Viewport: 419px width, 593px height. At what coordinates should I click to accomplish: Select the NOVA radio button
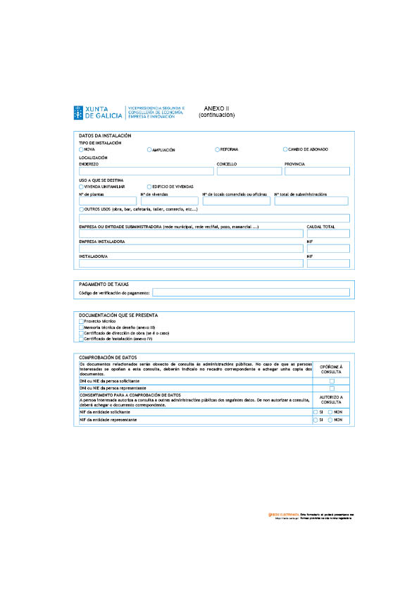81,149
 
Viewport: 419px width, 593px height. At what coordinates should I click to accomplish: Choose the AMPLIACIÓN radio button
149,149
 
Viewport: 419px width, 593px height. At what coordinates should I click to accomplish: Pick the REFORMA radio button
217,149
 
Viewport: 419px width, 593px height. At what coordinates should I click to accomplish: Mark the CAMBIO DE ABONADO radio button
284,149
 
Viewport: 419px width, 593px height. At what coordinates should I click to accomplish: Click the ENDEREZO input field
146,171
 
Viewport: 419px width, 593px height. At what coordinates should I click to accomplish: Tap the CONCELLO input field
249,171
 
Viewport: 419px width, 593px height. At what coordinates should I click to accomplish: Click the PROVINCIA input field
317,171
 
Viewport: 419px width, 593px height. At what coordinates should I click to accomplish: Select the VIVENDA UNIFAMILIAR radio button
81,187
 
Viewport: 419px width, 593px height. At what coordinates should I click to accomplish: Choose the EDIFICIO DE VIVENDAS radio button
149,187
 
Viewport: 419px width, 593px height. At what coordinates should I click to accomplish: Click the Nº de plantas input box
108,201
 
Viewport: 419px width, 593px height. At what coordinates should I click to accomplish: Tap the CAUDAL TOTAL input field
328,234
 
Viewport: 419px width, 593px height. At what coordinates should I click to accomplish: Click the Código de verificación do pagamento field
251,292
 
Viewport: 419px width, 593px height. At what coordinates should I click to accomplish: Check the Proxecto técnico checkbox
81,321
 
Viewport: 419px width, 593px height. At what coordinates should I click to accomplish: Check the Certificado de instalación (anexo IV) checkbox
81,339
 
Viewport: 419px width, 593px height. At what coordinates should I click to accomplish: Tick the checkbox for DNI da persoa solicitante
332,381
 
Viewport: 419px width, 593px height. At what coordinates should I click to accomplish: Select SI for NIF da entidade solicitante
315,412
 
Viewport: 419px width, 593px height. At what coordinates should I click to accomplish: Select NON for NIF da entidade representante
330,420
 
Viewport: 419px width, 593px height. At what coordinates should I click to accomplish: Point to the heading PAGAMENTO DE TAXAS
104,284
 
